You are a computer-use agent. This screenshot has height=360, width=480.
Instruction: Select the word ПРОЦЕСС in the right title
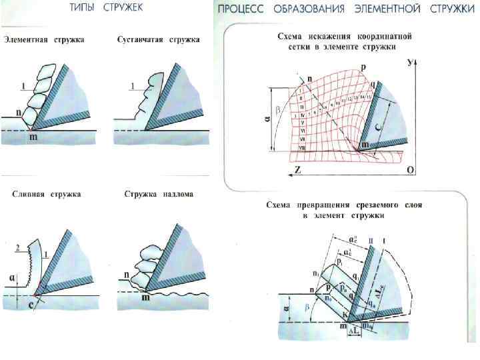click(243, 9)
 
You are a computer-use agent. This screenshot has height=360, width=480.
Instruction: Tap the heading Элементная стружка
click(44, 41)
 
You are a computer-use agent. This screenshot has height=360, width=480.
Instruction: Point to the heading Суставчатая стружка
click(157, 41)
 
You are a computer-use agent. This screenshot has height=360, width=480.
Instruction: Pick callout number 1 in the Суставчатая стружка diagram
click(132, 86)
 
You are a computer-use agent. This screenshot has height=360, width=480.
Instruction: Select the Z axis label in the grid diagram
click(297, 171)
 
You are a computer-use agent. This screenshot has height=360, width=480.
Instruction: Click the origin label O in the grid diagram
click(411, 171)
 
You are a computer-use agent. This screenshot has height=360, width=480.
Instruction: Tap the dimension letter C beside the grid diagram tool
click(377, 124)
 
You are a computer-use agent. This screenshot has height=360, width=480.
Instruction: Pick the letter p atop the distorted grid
click(363, 67)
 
